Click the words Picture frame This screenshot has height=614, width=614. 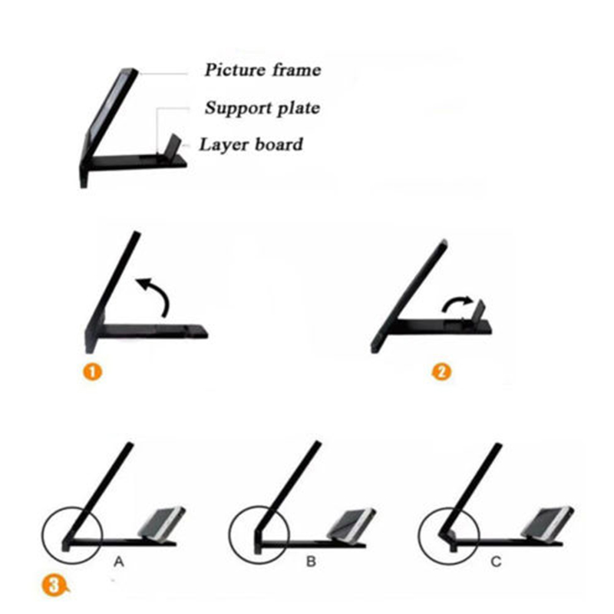pos(262,70)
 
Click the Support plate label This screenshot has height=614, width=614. pos(262,108)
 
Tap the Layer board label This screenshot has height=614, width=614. pos(251,144)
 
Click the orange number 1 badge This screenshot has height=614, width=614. pos(92,371)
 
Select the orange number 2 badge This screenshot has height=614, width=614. pos(441,371)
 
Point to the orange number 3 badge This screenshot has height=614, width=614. pos(54,586)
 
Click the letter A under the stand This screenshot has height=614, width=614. pos(119,562)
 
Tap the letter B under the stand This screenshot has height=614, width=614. pos(311,562)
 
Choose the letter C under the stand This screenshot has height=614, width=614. pos(496,562)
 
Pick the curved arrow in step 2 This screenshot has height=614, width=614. pos(457,303)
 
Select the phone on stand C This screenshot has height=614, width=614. pos(547,523)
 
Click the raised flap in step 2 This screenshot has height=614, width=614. pos(480,309)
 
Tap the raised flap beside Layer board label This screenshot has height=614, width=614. pos(174,144)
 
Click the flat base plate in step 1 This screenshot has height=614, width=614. pos(156,331)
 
